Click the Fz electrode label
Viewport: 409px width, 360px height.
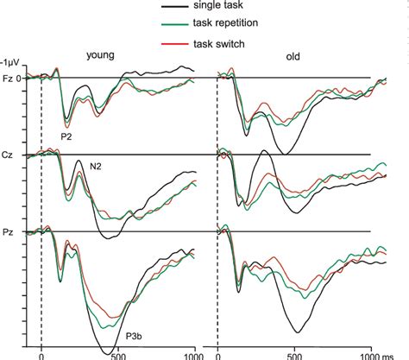click(x=7, y=79)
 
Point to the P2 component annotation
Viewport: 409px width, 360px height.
click(x=66, y=136)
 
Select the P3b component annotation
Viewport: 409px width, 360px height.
click(x=135, y=336)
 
